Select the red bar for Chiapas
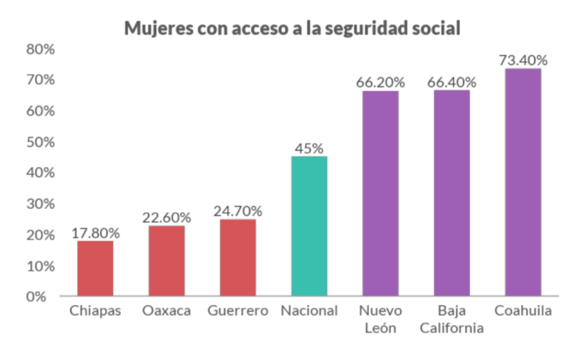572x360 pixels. pyautogui.click(x=95, y=268)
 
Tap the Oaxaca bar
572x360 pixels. pyautogui.click(x=166, y=261)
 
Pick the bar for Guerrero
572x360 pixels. pyautogui.click(x=238, y=258)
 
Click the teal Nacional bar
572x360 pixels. pyautogui.click(x=309, y=226)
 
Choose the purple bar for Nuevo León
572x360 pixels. pyautogui.click(x=381, y=193)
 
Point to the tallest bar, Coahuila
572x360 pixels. pyautogui.click(x=523, y=182)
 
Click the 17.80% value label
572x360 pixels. pyautogui.click(x=96, y=232)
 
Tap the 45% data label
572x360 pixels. pyautogui.click(x=309, y=148)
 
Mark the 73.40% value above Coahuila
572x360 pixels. pyautogui.click(x=523, y=60)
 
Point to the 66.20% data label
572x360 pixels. pyautogui.click(x=381, y=83)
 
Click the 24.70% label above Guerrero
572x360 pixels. pyautogui.click(x=238, y=211)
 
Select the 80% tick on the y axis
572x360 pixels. pyautogui.click(x=41, y=49)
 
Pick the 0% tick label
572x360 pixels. pyautogui.click(x=45, y=297)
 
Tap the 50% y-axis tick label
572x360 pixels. pyautogui.click(x=41, y=142)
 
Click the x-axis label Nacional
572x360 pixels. pyautogui.click(x=309, y=311)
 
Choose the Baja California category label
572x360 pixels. pyautogui.click(x=452, y=319)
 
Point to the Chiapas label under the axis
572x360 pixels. pyautogui.click(x=95, y=311)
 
